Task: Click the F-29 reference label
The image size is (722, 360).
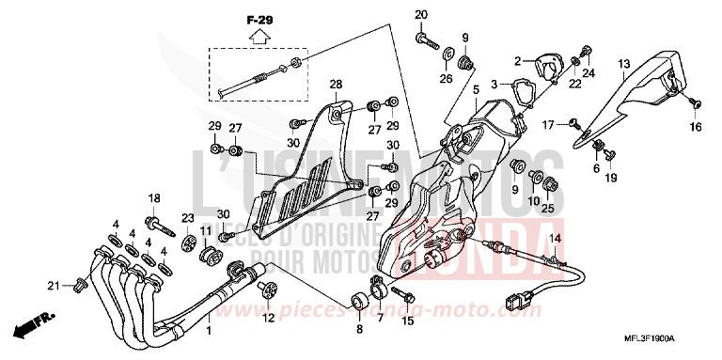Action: point(257,20)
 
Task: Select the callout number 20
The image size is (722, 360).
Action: point(421,13)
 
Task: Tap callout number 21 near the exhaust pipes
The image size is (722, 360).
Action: point(55,285)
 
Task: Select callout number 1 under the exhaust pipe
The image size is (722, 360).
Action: point(209,331)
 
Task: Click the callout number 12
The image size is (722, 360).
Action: point(268,318)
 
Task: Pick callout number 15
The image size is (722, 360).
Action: point(407,321)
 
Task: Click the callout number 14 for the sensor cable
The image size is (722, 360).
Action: point(555,241)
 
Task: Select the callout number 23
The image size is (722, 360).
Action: point(188,217)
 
